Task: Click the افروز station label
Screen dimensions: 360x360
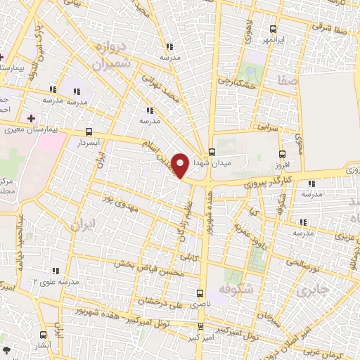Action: click(281, 165)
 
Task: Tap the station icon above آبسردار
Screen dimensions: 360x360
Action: click(89, 131)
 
